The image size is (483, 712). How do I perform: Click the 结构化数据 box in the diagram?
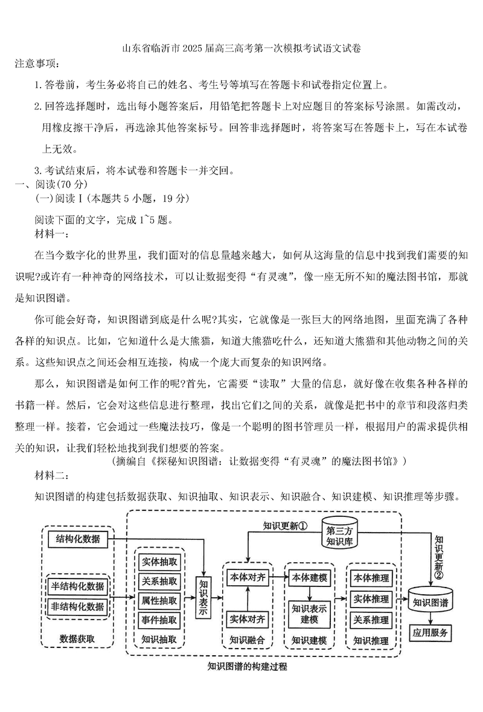click(x=78, y=539)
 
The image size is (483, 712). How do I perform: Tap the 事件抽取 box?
click(x=160, y=619)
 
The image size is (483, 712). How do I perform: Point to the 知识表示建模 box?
click(x=310, y=614)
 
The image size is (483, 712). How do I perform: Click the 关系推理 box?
click(x=371, y=620)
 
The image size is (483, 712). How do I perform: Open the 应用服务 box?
click(x=430, y=633)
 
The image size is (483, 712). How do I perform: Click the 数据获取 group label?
click(x=77, y=639)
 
